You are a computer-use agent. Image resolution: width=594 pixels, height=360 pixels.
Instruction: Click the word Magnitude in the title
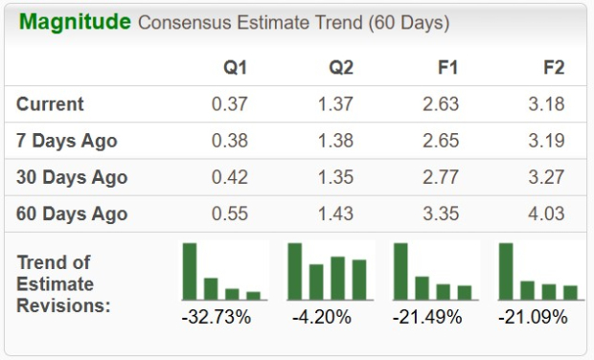click(x=75, y=22)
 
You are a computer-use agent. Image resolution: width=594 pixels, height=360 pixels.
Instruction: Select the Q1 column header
click(x=235, y=68)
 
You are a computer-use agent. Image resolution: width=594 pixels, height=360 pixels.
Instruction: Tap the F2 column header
click(x=553, y=68)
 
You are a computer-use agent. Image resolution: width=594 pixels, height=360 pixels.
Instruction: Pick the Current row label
click(x=50, y=104)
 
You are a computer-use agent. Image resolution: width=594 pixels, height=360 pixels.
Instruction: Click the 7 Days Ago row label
click(x=67, y=141)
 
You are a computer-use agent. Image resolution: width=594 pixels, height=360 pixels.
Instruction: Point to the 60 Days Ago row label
click(x=72, y=213)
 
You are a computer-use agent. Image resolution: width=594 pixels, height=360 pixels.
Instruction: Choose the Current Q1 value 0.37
click(x=230, y=104)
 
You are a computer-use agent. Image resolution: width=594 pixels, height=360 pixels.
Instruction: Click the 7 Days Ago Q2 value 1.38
click(x=335, y=141)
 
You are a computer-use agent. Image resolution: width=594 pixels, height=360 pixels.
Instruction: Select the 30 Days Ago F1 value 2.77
click(x=440, y=177)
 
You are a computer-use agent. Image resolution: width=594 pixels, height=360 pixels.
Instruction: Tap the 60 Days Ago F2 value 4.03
click(x=545, y=213)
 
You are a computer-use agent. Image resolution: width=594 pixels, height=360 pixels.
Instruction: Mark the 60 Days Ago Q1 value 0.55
click(x=230, y=213)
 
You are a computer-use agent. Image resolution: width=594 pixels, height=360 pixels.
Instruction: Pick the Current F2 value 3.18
click(x=545, y=104)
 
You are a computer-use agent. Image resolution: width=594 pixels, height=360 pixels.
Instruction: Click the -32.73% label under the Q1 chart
click(x=217, y=316)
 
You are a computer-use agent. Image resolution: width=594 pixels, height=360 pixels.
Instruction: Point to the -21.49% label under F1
click(x=427, y=316)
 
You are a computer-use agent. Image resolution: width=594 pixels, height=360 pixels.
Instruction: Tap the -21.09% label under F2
click(x=533, y=316)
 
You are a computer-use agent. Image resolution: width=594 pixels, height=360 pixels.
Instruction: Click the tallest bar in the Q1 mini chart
click(x=190, y=272)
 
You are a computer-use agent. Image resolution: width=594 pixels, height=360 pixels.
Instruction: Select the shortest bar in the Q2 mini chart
click(x=316, y=281)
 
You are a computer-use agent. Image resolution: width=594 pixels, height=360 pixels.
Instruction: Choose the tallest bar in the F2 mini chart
click(x=506, y=272)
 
